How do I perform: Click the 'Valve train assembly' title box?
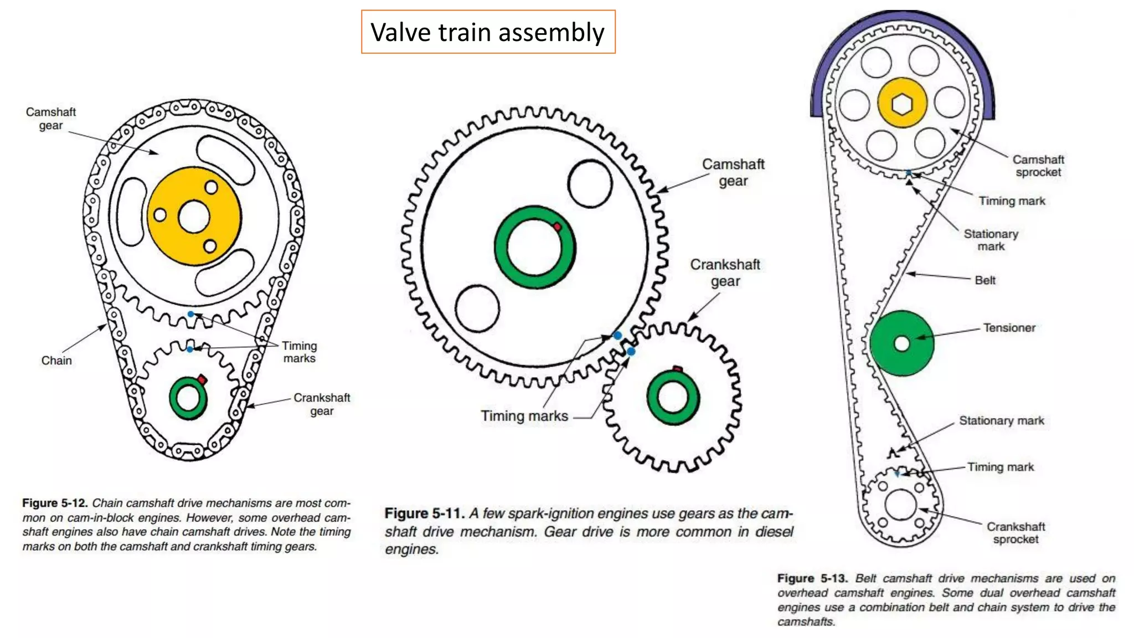click(488, 32)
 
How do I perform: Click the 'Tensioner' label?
click(1009, 328)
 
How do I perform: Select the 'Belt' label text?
click(984, 280)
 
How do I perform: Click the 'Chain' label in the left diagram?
click(56, 361)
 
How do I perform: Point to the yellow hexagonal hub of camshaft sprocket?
click(903, 104)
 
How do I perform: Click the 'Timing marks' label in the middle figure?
click(524, 416)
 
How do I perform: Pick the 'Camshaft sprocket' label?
click(1038, 166)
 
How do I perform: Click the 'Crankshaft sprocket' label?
click(1016, 533)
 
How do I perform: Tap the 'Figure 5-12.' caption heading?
click(55, 503)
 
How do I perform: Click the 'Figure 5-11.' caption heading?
click(424, 513)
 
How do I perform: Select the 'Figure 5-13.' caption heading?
click(812, 579)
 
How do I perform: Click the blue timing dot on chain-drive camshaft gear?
click(190, 314)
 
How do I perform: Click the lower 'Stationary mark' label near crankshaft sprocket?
click(1001, 421)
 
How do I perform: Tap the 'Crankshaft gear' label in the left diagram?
click(322, 404)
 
